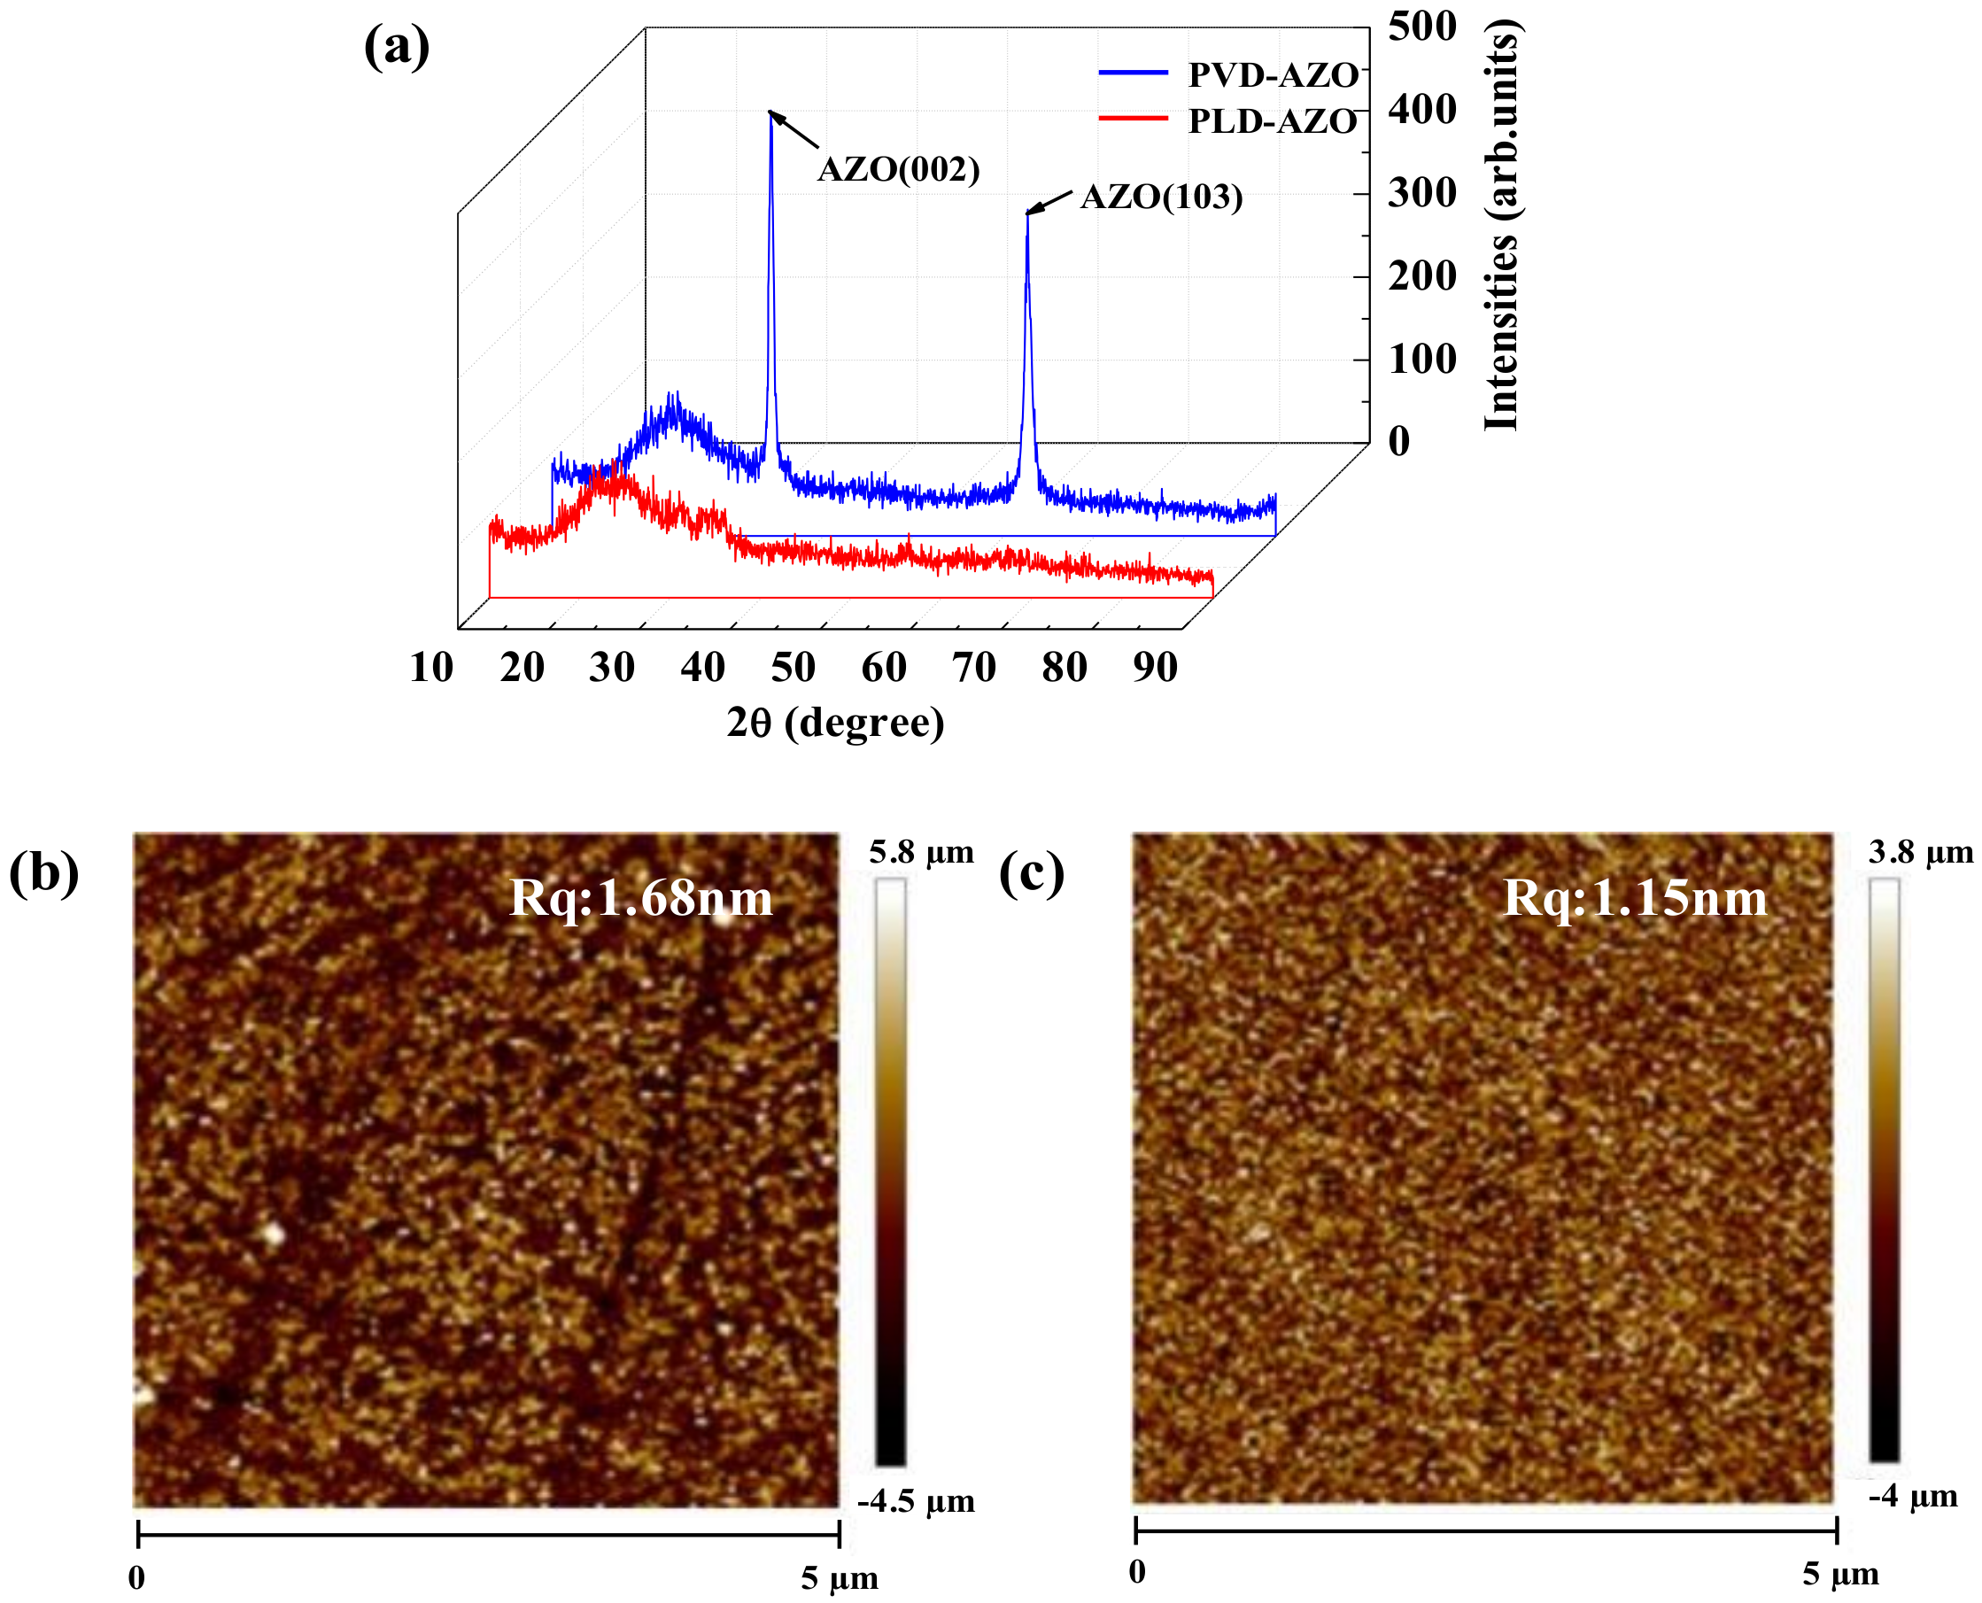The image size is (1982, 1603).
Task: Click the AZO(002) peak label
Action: tap(898, 170)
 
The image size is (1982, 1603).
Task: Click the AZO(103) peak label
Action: tap(1160, 197)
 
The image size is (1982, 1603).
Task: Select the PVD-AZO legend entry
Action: tap(1271, 74)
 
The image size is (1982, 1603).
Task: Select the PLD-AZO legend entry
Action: tap(1271, 121)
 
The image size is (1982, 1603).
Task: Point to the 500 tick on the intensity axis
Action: tap(1421, 26)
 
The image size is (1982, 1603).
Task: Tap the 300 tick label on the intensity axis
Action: tap(1421, 193)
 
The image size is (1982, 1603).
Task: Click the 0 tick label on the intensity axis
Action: tap(1399, 441)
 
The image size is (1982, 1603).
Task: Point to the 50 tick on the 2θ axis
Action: tap(792, 667)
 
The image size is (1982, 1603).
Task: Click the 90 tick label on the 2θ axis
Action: tap(1155, 667)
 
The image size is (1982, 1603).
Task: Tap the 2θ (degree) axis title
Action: tap(835, 722)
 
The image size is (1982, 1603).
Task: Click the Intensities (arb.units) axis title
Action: tap(1502, 226)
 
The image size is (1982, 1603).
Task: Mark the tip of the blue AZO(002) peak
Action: tap(770, 112)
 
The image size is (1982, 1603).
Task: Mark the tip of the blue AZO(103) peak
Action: tap(1026, 214)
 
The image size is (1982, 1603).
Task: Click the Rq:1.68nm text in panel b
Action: tap(640, 897)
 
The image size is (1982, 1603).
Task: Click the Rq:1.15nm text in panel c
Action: tap(1635, 897)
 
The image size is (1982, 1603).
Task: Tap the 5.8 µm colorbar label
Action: tap(921, 852)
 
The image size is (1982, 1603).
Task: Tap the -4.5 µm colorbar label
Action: tap(916, 1500)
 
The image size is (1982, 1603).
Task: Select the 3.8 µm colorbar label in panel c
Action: tap(1920, 852)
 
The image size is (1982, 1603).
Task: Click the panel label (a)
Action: tap(396, 46)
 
